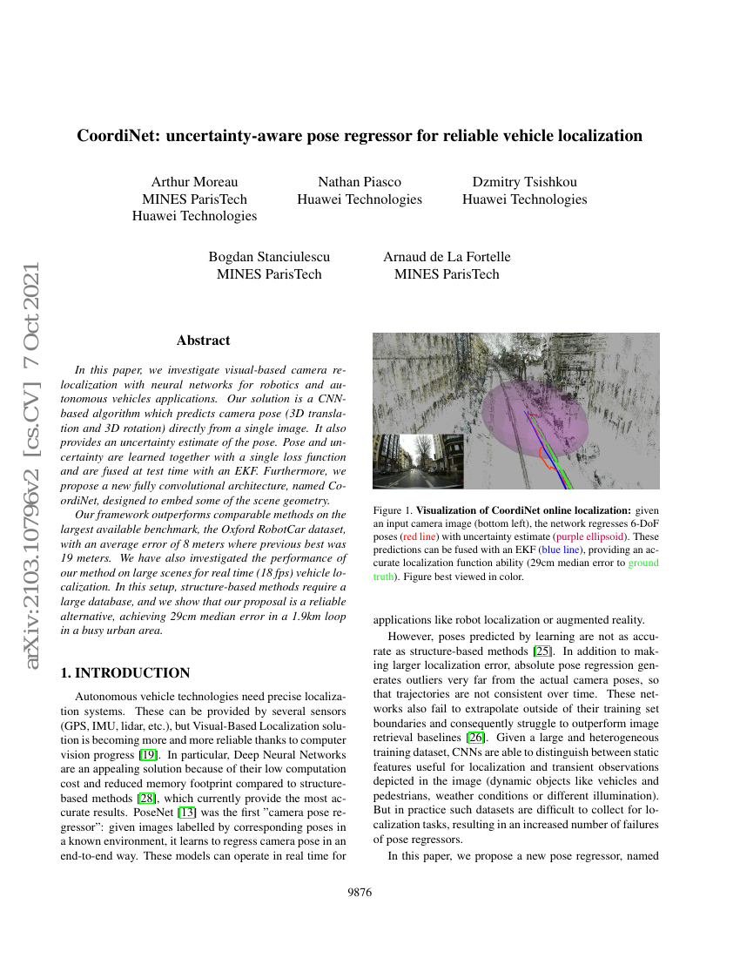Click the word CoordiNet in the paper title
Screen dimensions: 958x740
117,136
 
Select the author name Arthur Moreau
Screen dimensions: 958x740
194,182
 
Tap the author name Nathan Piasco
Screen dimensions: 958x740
360,182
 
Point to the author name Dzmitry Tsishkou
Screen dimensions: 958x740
524,182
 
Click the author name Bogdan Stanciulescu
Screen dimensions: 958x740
269,257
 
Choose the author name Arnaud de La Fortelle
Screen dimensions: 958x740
447,257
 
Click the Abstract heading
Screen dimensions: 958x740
203,341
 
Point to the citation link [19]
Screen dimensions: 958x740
150,755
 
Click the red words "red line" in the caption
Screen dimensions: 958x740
423,537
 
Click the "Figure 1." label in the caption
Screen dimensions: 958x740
391,509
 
